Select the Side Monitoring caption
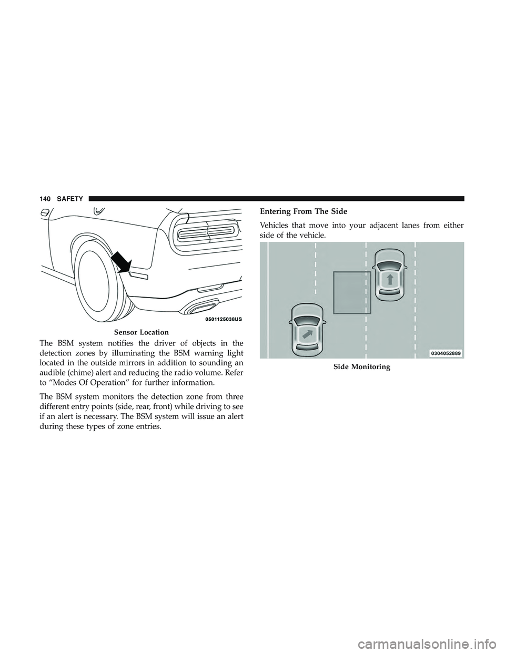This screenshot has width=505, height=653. (362, 367)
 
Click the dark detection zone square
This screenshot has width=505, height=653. (352, 293)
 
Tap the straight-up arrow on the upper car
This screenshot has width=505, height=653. (389, 279)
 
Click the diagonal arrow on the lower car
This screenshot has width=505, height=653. (306, 334)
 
